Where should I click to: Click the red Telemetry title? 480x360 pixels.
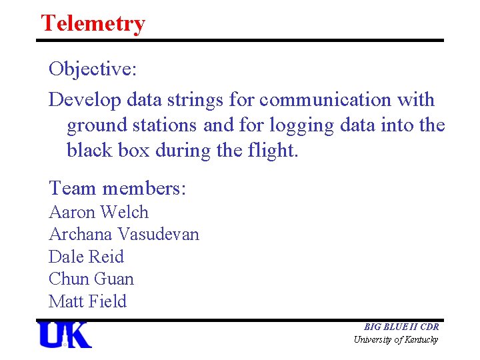click(x=93, y=23)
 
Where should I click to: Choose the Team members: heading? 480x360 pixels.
click(x=117, y=188)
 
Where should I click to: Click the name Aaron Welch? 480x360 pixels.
click(x=99, y=212)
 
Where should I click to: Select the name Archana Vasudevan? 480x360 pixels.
click(x=124, y=234)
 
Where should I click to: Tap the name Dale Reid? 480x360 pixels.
click(x=86, y=257)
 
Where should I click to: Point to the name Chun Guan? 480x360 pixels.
click(x=91, y=279)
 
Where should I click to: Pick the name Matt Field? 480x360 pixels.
click(x=87, y=301)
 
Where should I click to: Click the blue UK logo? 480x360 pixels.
click(x=65, y=335)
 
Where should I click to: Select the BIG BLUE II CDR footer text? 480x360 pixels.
click(x=401, y=327)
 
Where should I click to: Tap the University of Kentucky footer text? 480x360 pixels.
click(x=396, y=340)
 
